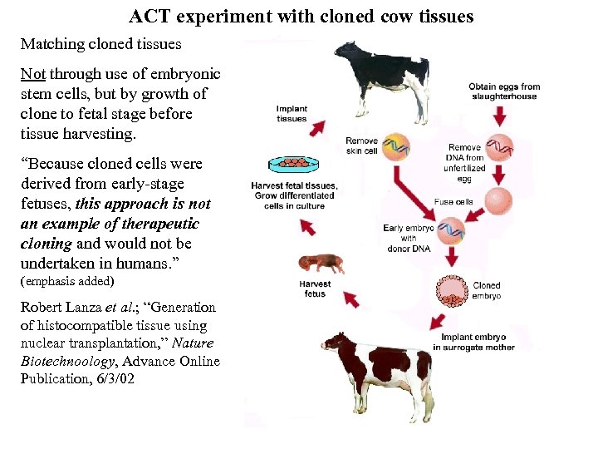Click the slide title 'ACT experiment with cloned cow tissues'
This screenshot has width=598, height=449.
301,16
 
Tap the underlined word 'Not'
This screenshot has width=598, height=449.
32,74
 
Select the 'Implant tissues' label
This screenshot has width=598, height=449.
292,113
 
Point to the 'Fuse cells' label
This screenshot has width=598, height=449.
453,201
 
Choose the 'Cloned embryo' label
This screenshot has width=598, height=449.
487,290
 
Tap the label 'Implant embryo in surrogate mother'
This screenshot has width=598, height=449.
477,342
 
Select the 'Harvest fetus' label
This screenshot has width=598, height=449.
315,289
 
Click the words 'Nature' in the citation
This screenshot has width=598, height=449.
196,343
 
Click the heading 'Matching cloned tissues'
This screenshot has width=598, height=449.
100,43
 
